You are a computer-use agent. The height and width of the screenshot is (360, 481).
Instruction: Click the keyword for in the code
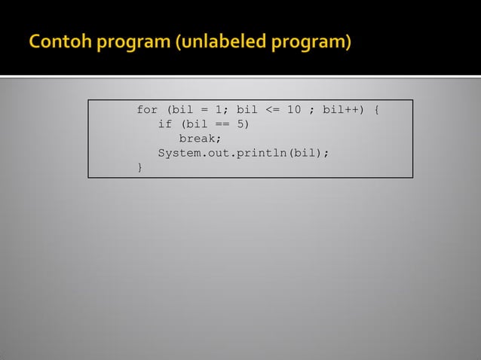147,110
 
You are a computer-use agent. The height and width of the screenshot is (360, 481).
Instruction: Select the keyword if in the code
164,124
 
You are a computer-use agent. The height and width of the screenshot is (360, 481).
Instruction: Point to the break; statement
200,139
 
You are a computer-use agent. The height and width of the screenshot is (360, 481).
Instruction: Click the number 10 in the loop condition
293,110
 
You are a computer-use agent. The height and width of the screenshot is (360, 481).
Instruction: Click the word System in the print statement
179,153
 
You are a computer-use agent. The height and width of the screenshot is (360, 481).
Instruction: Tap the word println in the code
264,153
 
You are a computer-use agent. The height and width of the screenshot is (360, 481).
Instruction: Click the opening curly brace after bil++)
376,110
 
